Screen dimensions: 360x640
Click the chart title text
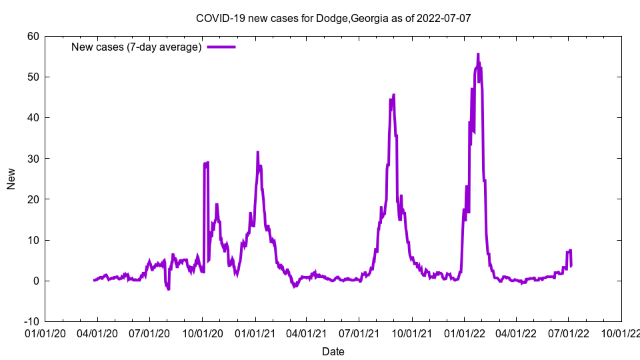(x=333, y=18)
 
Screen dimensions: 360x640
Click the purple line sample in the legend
(x=221, y=47)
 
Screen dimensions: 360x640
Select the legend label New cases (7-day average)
(x=137, y=47)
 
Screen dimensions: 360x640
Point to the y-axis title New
(x=11, y=179)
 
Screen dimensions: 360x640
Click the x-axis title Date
(x=333, y=351)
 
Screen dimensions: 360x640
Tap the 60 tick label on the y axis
(x=33, y=36)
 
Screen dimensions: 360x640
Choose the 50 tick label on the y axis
(x=33, y=77)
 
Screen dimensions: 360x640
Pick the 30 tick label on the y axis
(x=33, y=159)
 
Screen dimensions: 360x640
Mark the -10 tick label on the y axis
(x=31, y=321)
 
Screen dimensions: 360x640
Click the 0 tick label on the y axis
(x=35, y=281)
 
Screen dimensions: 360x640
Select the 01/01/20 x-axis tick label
(x=45, y=333)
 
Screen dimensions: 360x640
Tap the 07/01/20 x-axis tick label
(x=149, y=333)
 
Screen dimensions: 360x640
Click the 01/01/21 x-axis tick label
(x=255, y=333)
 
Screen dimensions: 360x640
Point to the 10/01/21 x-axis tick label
(x=411, y=333)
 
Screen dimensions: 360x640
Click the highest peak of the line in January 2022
(x=478, y=54)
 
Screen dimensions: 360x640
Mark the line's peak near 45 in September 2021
(x=394, y=95)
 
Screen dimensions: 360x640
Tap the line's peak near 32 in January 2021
(x=257, y=152)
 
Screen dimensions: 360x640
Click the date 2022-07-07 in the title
(x=444, y=18)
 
